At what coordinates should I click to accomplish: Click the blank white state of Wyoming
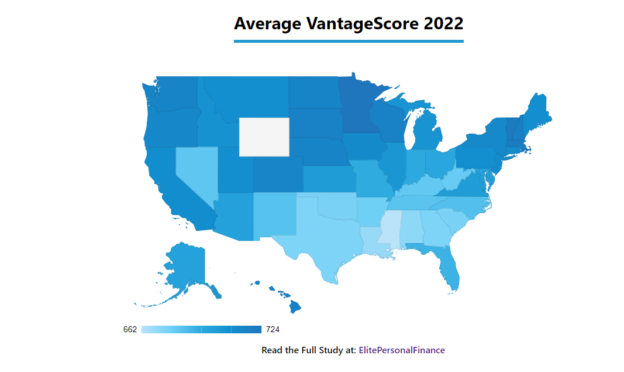coord(264,136)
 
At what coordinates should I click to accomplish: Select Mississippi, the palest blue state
coord(389,229)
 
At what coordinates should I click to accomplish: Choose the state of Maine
coord(536,111)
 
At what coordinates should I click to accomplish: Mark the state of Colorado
coord(278,173)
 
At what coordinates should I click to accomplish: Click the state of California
coord(170,187)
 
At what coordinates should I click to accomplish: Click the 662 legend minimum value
coord(130,329)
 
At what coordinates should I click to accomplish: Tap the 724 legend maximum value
coord(273,329)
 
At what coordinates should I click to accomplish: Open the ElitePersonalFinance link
coord(402,350)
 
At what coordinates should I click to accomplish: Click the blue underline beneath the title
coord(349,41)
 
